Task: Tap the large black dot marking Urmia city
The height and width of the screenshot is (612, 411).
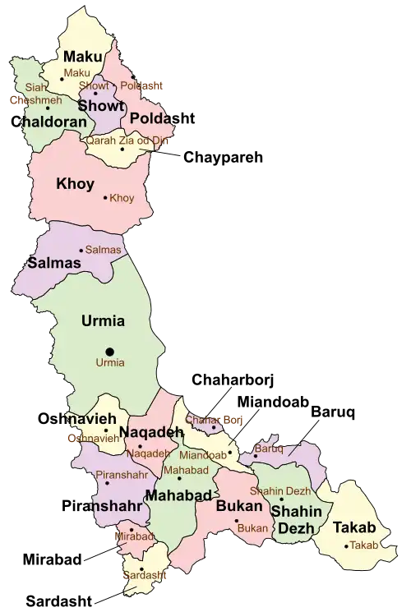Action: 110,352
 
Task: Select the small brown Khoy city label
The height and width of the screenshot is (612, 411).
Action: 122,198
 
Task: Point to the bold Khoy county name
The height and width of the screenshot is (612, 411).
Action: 75,184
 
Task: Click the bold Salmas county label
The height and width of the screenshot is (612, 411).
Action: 54,263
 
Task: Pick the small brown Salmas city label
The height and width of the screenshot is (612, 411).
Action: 104,250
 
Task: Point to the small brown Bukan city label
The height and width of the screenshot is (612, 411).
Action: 252,528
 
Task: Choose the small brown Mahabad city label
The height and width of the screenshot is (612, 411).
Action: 185,470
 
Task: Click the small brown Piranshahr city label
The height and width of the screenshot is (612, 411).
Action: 122,476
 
